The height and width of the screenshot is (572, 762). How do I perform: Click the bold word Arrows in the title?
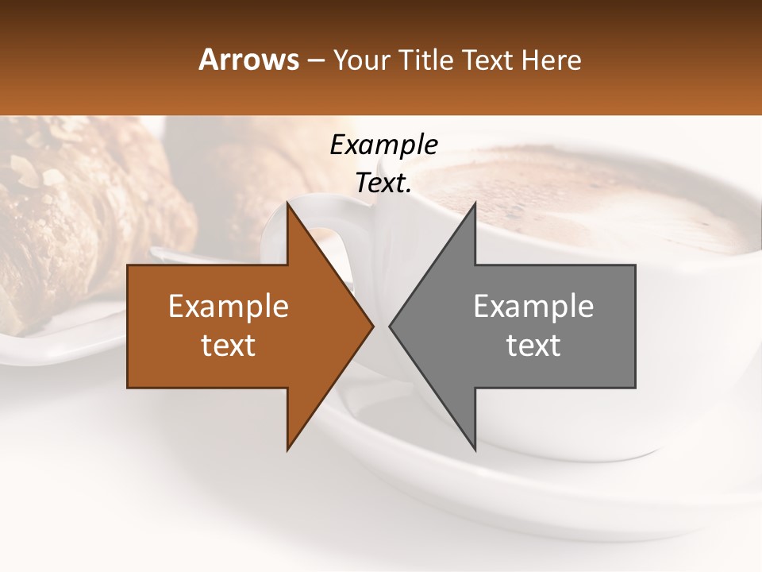click(248, 60)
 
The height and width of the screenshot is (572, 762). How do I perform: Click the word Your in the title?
click(361, 60)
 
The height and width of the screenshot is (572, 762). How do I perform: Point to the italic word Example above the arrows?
click(383, 145)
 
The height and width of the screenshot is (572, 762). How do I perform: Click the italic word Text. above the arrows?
click(383, 184)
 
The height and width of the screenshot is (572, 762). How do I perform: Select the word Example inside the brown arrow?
click(228, 307)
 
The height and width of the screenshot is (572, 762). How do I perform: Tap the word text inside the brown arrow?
click(228, 346)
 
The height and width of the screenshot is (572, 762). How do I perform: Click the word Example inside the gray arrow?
click(533, 307)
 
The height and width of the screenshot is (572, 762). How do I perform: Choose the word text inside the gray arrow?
click(533, 346)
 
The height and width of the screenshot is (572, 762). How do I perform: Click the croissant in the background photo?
click(87, 214)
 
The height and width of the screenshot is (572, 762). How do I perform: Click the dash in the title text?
click(315, 60)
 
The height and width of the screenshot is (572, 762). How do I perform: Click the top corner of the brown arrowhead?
click(288, 204)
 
